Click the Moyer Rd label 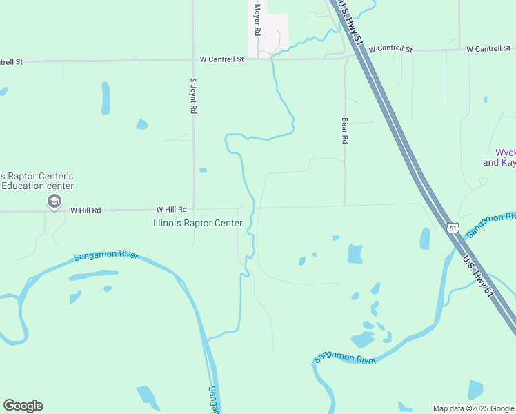tap(257, 20)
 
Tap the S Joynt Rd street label tap(194, 95)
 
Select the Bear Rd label tap(344, 130)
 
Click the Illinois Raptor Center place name tap(197, 223)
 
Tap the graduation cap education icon tap(53, 201)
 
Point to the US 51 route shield tap(452, 228)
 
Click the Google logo tap(23, 406)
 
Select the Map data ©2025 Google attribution tap(473, 408)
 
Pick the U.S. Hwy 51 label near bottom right tap(479, 276)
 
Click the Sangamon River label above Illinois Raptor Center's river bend tap(106, 256)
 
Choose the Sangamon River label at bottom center tap(344, 358)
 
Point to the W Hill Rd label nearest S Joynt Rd tap(171, 209)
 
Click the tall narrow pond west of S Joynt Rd tap(106, 98)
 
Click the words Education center tap(37, 186)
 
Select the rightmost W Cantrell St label tap(488, 49)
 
